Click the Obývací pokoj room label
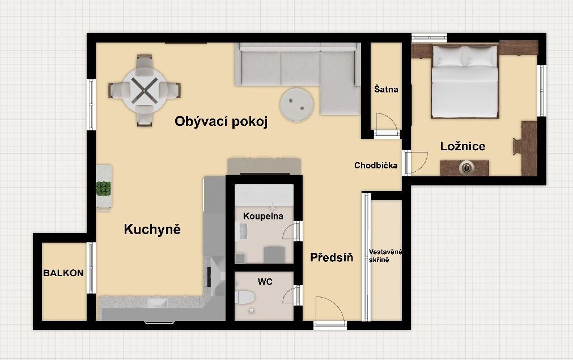click(220, 122)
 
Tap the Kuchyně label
click(152, 230)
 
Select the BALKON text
click(63, 273)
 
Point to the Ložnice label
click(462, 146)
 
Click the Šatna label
click(386, 90)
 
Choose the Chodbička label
click(376, 166)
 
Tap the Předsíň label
click(332, 257)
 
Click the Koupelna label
click(263, 216)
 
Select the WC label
click(265, 281)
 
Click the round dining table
click(145, 90)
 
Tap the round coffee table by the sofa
click(297, 104)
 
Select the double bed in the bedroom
click(465, 82)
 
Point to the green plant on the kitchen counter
click(103, 188)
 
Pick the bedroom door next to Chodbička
click(416, 162)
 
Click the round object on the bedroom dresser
click(466, 167)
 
